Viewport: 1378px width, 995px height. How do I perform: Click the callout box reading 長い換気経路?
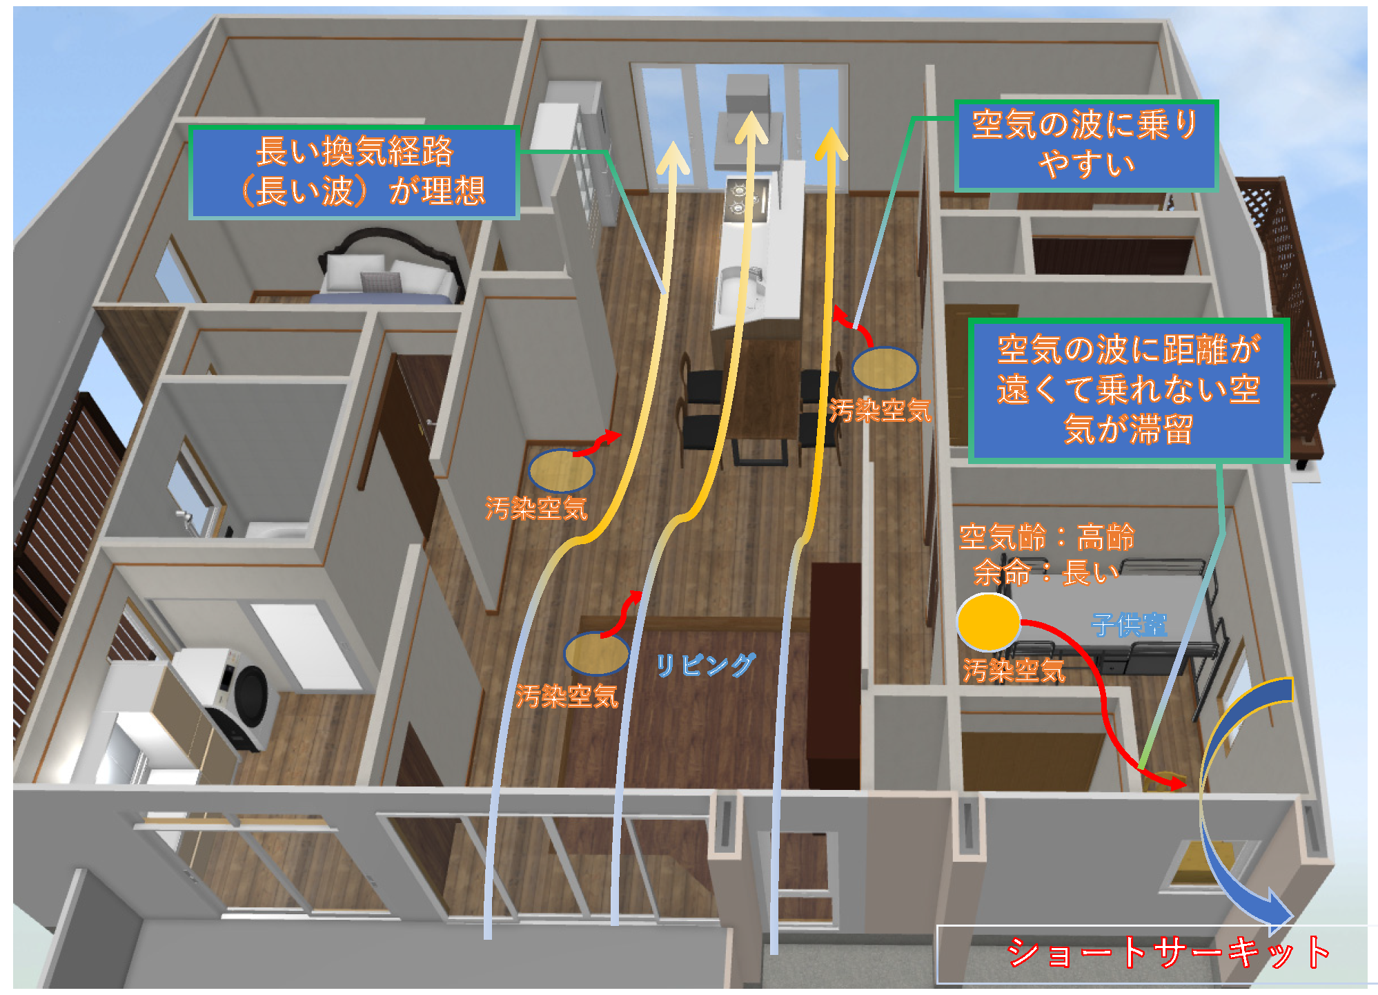tap(354, 172)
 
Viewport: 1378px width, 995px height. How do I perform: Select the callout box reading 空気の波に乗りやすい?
tap(1085, 145)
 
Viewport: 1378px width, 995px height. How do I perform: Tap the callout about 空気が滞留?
tap(1128, 390)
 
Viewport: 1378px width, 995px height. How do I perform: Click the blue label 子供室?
tap(1129, 625)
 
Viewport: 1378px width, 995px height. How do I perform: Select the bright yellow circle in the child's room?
tap(988, 621)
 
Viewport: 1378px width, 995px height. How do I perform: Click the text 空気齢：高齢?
tap(1046, 537)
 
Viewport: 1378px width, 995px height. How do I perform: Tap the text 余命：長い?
tap(1046, 572)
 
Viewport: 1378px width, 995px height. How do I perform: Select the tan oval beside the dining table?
tap(884, 369)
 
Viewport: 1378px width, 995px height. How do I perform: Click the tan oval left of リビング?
tap(596, 653)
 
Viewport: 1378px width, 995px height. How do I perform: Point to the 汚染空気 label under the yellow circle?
tap(1014, 670)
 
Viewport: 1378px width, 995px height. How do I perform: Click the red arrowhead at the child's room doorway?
tap(1176, 784)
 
